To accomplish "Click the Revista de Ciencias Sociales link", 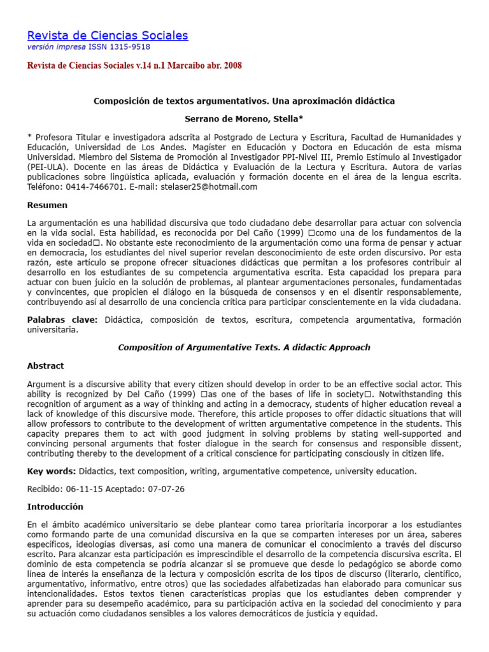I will click(x=108, y=35).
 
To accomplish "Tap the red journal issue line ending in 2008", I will click(x=134, y=66).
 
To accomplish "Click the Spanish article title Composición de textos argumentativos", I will click(x=244, y=101).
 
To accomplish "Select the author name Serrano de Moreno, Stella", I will click(x=244, y=119).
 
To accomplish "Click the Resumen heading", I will click(x=47, y=206).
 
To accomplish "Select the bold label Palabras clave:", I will click(x=62, y=320).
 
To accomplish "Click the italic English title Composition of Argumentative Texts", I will click(x=244, y=348).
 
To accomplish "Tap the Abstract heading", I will click(x=46, y=366).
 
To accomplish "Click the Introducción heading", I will click(x=55, y=507).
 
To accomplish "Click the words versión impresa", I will click(x=49, y=46).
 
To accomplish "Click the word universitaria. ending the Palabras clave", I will click(x=53, y=330).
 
